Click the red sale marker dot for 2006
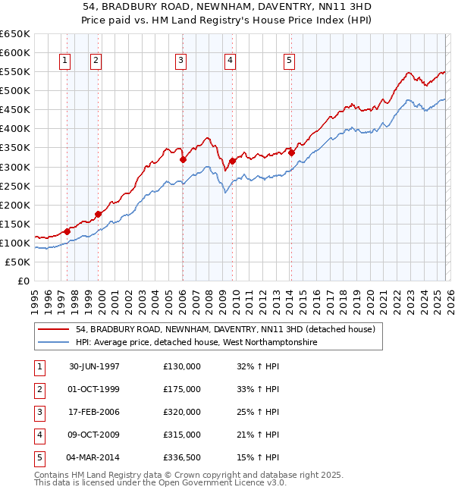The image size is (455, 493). pos(183,159)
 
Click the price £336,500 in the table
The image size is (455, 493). pos(182,457)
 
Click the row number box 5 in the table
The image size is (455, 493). pos(38,457)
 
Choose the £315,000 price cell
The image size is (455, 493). pos(182,435)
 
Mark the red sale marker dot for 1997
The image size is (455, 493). pos(67,231)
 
